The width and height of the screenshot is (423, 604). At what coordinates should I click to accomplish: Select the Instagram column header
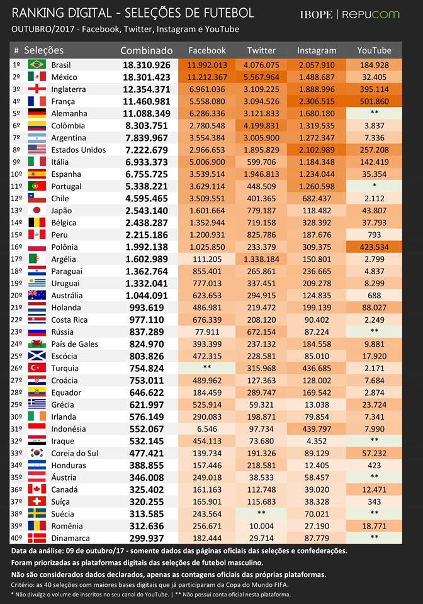[x=317, y=50]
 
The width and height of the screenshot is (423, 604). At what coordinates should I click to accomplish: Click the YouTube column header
[x=374, y=50]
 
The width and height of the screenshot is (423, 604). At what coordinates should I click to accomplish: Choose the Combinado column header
[x=146, y=50]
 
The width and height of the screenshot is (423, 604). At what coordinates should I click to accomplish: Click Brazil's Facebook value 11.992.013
[x=207, y=65]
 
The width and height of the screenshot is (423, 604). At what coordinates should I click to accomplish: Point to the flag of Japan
[x=37, y=210]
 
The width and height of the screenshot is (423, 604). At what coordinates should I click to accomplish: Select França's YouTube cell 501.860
[x=374, y=101]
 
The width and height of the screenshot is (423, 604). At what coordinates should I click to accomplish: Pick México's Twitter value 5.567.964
[x=261, y=77]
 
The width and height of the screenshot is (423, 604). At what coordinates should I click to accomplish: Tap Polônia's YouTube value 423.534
[x=374, y=247]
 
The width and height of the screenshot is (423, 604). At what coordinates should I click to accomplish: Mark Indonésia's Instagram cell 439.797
[x=317, y=429]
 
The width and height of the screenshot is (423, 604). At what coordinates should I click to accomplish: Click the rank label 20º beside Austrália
[x=16, y=296]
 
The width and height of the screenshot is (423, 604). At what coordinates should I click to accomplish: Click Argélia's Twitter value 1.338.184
[x=261, y=259]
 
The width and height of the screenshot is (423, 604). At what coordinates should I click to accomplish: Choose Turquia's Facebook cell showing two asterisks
[x=207, y=368]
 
